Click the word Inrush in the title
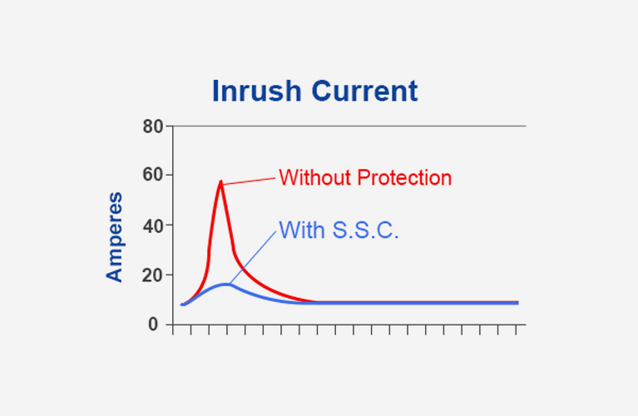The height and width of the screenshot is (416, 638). click(x=257, y=91)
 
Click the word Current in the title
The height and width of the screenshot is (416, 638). click(x=365, y=91)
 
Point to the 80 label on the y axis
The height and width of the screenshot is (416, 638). click(x=152, y=126)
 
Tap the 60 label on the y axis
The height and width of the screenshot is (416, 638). click(x=152, y=175)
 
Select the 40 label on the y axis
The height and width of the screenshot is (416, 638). click(x=152, y=226)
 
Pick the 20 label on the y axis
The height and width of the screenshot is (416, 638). click(x=152, y=275)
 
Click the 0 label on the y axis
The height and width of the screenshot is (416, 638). click(x=153, y=324)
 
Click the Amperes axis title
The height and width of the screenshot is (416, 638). click(x=114, y=237)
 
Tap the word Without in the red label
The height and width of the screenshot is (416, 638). click(x=315, y=177)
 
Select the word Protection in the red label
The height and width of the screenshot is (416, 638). click(x=404, y=177)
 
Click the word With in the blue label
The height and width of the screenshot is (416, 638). click(x=302, y=230)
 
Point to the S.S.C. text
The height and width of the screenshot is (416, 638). click(x=365, y=230)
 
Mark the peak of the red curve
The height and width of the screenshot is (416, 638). click(x=221, y=181)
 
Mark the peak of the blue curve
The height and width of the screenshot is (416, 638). click(x=225, y=285)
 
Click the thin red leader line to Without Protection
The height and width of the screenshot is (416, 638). click(x=249, y=181)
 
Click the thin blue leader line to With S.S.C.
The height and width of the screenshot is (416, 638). click(x=253, y=257)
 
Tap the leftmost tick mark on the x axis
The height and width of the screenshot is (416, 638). click(x=173, y=329)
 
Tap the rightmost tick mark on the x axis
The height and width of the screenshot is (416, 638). click(x=517, y=329)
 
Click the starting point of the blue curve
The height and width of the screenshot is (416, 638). click(x=183, y=305)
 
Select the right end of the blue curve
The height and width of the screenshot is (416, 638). click(x=517, y=303)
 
